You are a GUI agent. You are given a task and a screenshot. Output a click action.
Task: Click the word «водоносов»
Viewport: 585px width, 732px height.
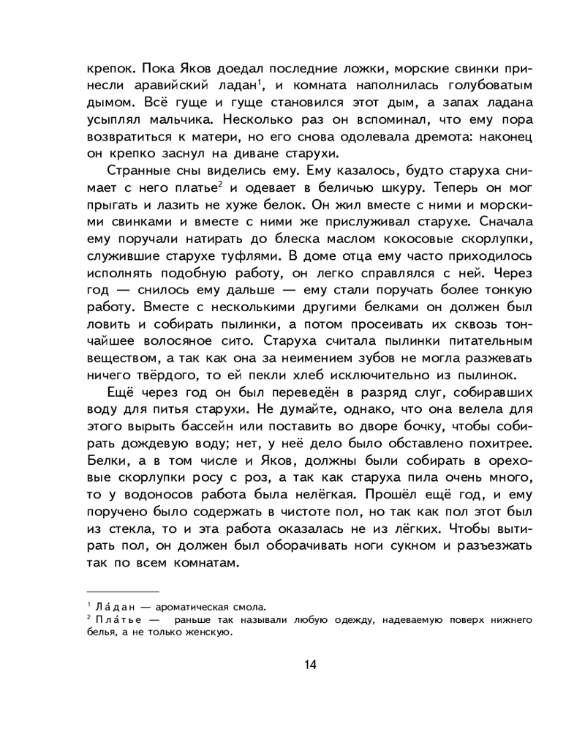pos(151,494)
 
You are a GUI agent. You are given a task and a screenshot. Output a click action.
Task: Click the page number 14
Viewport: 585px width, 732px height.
pos(310,665)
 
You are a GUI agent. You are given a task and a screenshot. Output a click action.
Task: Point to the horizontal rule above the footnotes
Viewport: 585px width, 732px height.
pos(123,591)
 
